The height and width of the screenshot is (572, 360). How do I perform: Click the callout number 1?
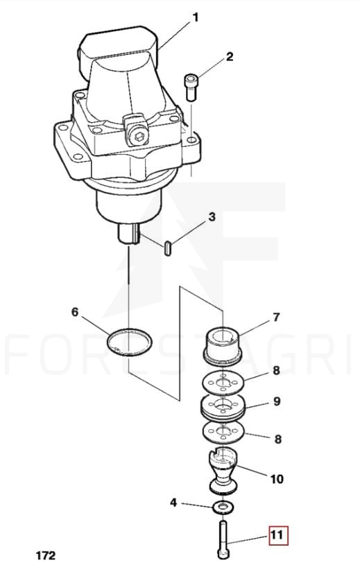click(196, 17)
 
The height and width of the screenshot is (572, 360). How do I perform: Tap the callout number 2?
click(230, 57)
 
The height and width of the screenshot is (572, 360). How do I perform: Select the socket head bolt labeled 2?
click(191, 87)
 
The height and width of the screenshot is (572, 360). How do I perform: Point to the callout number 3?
click(212, 217)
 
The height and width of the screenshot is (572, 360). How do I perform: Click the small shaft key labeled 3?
click(168, 248)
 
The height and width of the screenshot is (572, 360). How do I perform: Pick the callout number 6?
click(74, 312)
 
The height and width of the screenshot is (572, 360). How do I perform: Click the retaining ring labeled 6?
click(130, 342)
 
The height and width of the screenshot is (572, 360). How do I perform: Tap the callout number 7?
click(276, 317)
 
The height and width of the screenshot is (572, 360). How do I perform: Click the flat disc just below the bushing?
click(223, 384)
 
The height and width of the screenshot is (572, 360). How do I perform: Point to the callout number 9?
click(277, 401)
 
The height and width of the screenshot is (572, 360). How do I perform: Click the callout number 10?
click(277, 478)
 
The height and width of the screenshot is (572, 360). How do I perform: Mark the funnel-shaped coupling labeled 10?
click(223, 471)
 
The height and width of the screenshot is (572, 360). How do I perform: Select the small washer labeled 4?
click(223, 508)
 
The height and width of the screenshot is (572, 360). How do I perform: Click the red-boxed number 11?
click(278, 535)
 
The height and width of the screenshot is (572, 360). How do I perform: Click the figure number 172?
click(46, 555)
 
